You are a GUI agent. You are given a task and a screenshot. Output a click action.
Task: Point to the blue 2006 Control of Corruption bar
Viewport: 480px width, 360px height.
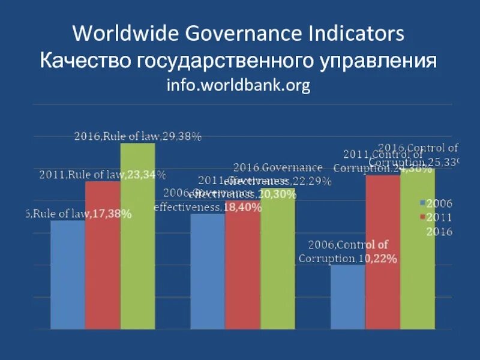(347, 296)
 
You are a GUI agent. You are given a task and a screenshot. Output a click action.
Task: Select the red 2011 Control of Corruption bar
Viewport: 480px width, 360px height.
(382, 252)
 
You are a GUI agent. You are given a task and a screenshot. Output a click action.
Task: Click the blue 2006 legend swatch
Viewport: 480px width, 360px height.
(422, 203)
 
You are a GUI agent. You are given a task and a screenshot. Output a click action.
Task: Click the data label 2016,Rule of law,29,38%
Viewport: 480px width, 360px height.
(137, 136)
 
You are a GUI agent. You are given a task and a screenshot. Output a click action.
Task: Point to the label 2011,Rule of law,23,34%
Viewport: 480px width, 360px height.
(103, 175)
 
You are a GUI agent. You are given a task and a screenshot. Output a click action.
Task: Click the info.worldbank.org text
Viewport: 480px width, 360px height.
(238, 86)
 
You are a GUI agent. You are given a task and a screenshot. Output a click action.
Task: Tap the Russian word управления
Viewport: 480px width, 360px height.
(373, 61)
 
